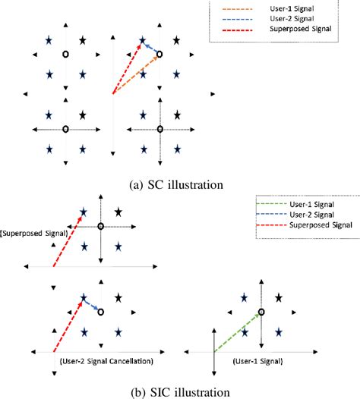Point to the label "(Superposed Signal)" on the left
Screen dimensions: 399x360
(x=30, y=234)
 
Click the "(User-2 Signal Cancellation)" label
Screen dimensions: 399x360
(x=106, y=360)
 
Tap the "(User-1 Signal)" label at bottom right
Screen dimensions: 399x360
(x=261, y=360)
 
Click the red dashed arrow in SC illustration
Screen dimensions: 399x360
(x=126, y=70)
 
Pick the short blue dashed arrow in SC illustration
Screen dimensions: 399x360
(x=151, y=49)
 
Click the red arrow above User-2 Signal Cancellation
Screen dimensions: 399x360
(x=68, y=326)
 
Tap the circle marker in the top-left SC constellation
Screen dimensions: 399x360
(x=65, y=55)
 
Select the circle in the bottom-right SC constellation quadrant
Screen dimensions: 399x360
(x=160, y=129)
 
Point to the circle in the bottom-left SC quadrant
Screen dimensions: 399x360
(x=65, y=129)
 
